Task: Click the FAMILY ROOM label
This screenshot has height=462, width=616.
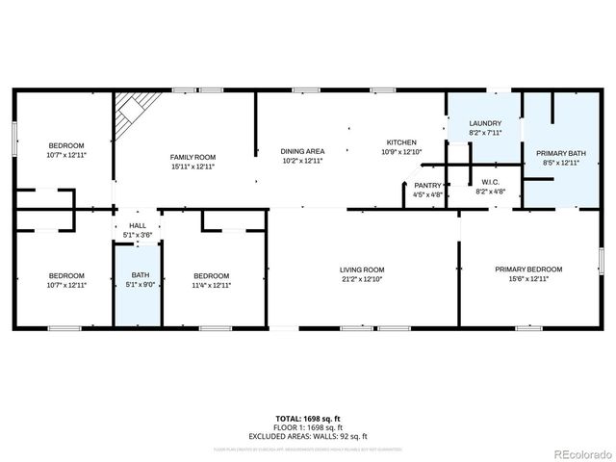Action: click(x=192, y=157)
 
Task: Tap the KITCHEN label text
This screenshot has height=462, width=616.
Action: click(x=401, y=142)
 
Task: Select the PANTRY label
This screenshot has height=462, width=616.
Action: click(x=427, y=185)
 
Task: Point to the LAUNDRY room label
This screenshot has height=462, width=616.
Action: click(x=484, y=124)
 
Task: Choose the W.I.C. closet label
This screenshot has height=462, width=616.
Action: click(x=489, y=182)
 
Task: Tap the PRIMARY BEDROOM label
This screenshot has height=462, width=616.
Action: click(x=528, y=269)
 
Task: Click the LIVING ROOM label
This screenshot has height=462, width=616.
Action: click(x=362, y=269)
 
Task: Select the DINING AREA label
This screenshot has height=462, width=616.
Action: click(x=302, y=151)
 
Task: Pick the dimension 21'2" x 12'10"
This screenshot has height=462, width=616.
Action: click(x=362, y=279)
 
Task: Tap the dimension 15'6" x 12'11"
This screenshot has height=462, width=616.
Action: click(x=528, y=279)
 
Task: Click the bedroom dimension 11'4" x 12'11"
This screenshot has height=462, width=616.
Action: click(x=211, y=285)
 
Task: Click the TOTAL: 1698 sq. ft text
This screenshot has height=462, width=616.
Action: click(x=307, y=418)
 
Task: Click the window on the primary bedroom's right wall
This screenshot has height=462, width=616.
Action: click(x=601, y=260)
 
